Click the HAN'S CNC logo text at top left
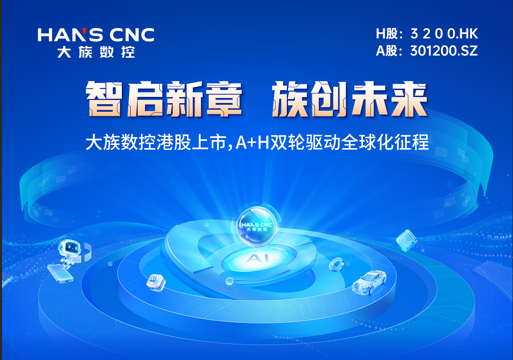[x=96, y=35]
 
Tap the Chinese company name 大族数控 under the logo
[x=96, y=52]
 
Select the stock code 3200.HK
[x=444, y=34]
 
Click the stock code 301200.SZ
[x=444, y=51]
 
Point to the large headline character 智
[x=104, y=99]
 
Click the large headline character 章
[x=223, y=99]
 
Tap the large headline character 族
[x=290, y=99]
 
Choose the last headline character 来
[x=409, y=99]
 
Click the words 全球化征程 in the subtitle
[x=385, y=142]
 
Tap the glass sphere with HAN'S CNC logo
[x=256, y=225]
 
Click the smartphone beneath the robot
[x=60, y=274]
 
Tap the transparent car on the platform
[x=369, y=282]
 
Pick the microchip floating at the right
[x=406, y=240]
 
